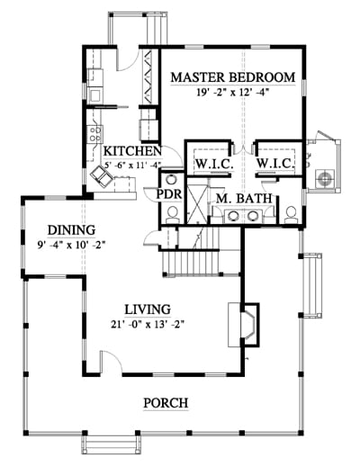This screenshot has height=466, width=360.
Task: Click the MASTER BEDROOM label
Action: pyautogui.click(x=233, y=77)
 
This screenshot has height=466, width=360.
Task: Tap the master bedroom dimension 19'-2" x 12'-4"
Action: pyautogui.click(x=232, y=93)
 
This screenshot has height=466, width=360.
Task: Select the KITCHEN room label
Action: pyautogui.click(x=132, y=151)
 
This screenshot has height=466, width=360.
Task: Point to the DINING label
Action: pyautogui.click(x=72, y=230)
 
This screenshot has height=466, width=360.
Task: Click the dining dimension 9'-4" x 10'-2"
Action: pyautogui.click(x=71, y=246)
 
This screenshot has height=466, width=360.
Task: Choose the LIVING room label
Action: pyautogui.click(x=148, y=309)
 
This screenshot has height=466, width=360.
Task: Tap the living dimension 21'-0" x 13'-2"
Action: pyautogui.click(x=148, y=325)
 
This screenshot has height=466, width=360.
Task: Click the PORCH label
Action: pyautogui.click(x=166, y=403)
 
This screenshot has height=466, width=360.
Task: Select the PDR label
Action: pyautogui.click(x=169, y=194)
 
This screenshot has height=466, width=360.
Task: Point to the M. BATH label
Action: pyautogui.click(x=244, y=198)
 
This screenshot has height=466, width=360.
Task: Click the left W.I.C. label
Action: pyautogui.click(x=214, y=164)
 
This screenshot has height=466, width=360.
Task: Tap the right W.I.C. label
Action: pyautogui.click(x=274, y=164)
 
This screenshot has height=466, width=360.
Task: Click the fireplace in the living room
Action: pyautogui.click(x=244, y=325)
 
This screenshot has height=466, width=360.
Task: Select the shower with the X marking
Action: pyautogui.click(x=197, y=204)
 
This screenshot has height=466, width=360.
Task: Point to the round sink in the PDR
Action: pyautogui.click(x=171, y=180)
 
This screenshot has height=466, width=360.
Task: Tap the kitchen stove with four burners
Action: pyautogui.click(x=95, y=134)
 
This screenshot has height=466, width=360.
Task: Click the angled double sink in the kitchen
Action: pyautogui.click(x=102, y=176)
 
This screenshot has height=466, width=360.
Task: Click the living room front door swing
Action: pyautogui.click(x=112, y=362)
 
